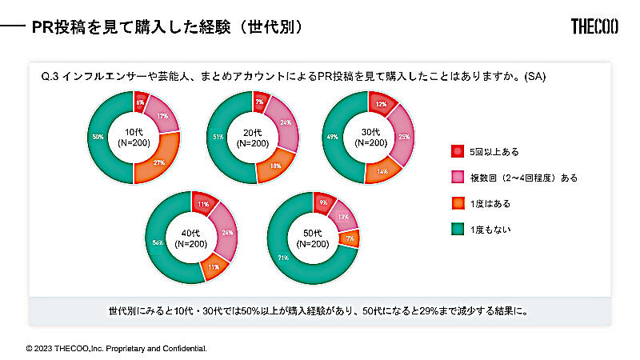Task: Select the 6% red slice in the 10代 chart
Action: pos(140,102)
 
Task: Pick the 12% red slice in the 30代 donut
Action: pos(382,103)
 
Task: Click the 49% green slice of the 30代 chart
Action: pos(331,138)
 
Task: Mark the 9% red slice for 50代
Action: pos(323,203)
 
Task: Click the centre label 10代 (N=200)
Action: pos(134,138)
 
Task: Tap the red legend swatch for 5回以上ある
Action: pos(457,151)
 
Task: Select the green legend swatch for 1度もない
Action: pos(457,230)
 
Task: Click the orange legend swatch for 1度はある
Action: pos(457,203)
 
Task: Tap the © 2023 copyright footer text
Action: pos(117,349)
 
